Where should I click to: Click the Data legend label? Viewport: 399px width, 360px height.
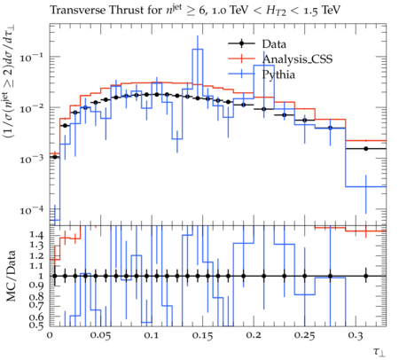[x=274, y=44]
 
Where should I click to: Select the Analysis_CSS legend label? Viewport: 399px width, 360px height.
[x=297, y=59]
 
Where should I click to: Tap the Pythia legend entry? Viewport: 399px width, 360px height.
[x=278, y=74]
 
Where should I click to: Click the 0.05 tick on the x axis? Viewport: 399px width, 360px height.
[x=100, y=335]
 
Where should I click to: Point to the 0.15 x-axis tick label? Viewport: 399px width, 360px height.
[x=202, y=335]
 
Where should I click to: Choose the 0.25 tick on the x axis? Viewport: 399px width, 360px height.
[x=304, y=335]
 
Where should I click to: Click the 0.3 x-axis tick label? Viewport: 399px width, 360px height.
[x=356, y=335]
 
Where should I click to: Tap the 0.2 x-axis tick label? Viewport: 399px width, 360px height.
[x=254, y=335]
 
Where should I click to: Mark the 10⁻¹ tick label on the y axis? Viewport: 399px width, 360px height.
[x=32, y=57]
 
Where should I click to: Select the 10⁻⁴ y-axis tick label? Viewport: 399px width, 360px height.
[x=32, y=210]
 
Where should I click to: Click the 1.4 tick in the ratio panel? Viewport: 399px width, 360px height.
[x=36, y=235]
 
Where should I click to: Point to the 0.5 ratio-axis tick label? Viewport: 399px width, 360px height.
[x=36, y=325]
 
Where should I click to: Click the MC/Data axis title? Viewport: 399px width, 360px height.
[x=12, y=276]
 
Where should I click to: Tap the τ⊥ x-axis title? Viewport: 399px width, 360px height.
[x=379, y=351]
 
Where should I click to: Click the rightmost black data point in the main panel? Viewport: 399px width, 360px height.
[x=366, y=149]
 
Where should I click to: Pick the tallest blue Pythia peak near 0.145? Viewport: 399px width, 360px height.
[x=198, y=50]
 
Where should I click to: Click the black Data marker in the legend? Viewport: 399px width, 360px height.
[x=241, y=43]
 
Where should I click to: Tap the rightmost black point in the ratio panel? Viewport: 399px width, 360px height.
[x=366, y=276]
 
